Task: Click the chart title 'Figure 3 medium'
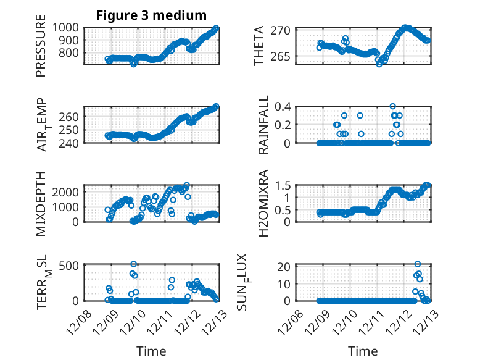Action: [151, 15]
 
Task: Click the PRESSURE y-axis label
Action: [41, 50]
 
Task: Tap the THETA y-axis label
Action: [259, 46]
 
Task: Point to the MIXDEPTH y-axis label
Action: [41, 204]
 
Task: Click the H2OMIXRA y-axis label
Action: [259, 203]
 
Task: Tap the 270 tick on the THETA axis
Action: [283, 30]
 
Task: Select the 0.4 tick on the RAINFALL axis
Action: [283, 106]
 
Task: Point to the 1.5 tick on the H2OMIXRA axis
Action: [283, 185]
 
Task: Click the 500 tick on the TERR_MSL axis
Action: [69, 266]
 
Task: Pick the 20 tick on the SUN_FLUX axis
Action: [285, 267]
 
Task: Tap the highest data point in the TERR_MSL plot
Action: [133, 264]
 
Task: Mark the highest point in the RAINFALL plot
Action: [392, 106]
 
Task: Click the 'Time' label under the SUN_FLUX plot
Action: [363, 351]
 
